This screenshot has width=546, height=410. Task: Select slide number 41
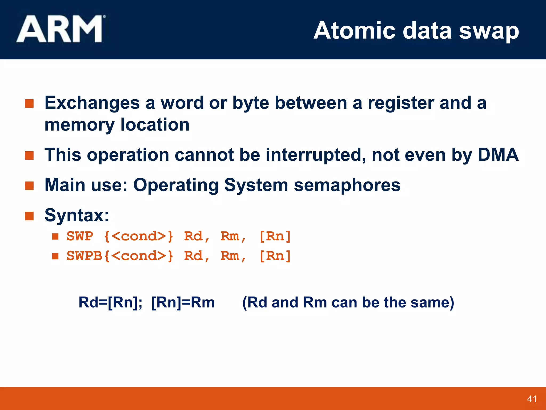pyautogui.click(x=532, y=399)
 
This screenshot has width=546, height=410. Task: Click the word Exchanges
pyautogui.click(x=92, y=103)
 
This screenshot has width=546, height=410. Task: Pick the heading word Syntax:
pyautogui.click(x=77, y=215)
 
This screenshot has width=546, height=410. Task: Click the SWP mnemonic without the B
pyautogui.click(x=80, y=236)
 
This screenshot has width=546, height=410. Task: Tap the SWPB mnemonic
pyautogui.click(x=84, y=256)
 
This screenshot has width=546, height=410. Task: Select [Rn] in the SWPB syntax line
pyautogui.click(x=275, y=256)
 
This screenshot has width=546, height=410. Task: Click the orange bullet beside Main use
pyautogui.click(x=29, y=186)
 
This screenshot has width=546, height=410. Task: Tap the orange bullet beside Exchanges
pyautogui.click(x=29, y=104)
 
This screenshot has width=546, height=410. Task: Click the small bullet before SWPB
pyautogui.click(x=55, y=256)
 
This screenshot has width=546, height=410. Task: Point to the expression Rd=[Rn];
pyautogui.click(x=110, y=303)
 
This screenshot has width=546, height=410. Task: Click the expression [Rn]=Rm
pyautogui.click(x=183, y=303)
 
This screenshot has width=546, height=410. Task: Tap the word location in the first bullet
pyautogui.click(x=155, y=125)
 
